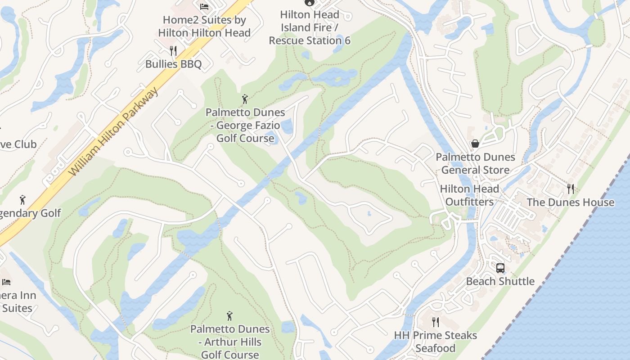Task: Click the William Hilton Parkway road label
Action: [115, 131]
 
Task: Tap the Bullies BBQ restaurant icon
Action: [173, 50]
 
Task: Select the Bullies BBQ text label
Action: [173, 64]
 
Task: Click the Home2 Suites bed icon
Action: [204, 6]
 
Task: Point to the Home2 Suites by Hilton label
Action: [204, 27]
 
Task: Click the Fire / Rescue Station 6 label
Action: [310, 27]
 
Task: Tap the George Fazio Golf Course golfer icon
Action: [245, 99]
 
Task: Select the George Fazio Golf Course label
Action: [245, 125]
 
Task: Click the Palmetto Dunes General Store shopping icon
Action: [475, 144]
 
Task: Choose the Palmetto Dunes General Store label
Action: [475, 163]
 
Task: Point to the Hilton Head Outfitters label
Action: [469, 195]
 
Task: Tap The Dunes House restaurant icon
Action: [571, 189]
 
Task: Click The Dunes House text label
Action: [570, 202]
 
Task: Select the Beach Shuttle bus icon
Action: [500, 268]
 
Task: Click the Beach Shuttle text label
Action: [500, 282]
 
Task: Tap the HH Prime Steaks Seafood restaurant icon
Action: [435, 322]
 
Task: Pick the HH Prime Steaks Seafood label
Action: [435, 342]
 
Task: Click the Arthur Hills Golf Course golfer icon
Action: [229, 316]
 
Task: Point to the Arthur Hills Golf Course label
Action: [230, 342]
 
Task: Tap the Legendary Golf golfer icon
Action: [22, 200]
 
